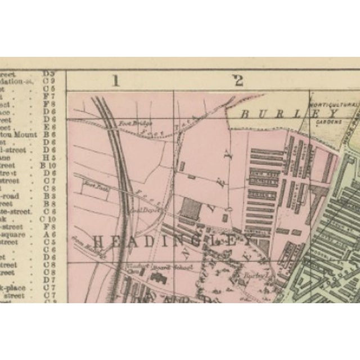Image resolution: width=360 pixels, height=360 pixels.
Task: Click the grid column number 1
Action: coord(116,80)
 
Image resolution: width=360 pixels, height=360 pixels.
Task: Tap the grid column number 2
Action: coord(238,80)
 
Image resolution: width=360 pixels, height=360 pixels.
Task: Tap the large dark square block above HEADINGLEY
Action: coord(191,209)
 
